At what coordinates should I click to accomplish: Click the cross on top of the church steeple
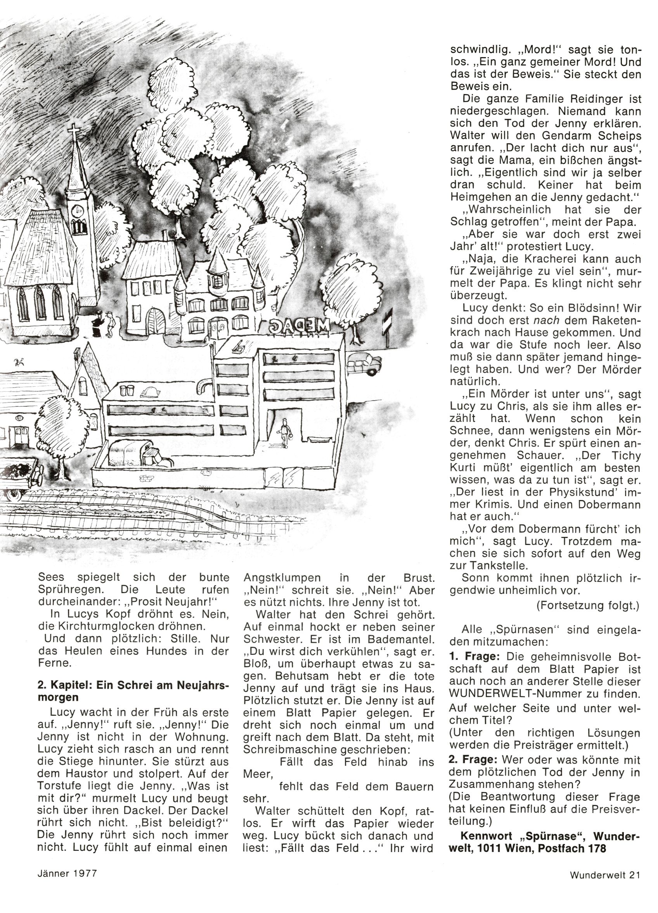click(74, 131)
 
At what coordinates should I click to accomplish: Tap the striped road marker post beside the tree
click(388, 326)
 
